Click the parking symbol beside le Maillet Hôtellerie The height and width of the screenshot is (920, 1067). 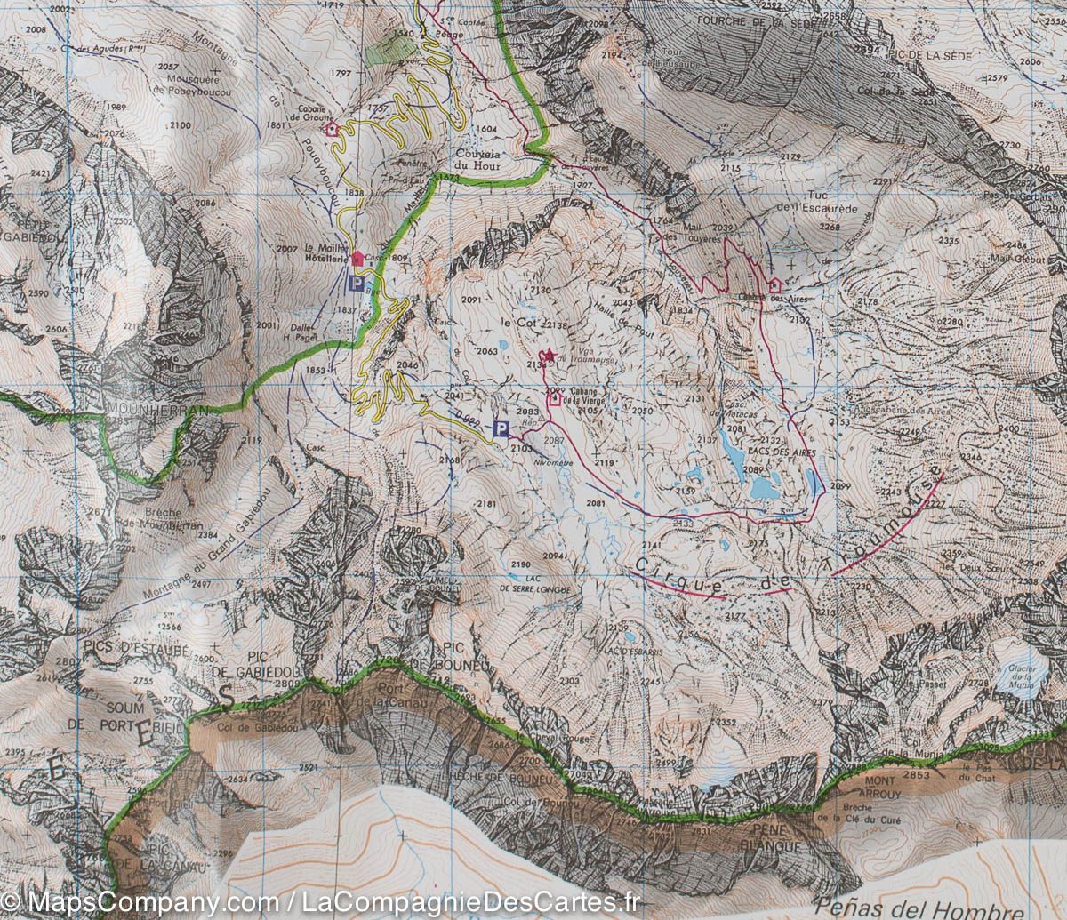click(x=357, y=284)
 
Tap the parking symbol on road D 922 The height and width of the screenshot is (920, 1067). click(x=501, y=429)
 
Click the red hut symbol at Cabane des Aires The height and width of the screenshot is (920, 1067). click(x=774, y=284)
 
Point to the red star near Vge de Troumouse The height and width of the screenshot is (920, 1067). click(x=549, y=356)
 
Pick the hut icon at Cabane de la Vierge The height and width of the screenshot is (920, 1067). click(x=555, y=399)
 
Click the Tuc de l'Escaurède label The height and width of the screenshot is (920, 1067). click(x=817, y=202)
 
